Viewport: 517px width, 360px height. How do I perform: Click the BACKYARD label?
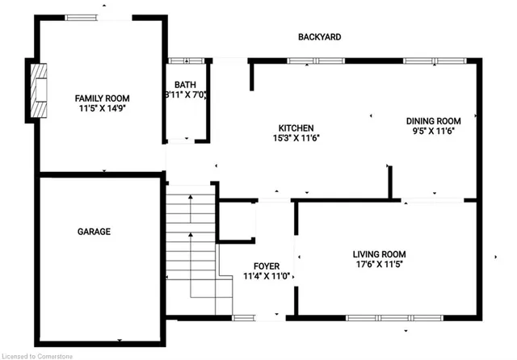[x=319, y=37]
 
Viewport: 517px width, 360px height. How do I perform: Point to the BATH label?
[x=187, y=84]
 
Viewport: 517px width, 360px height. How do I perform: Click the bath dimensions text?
[x=187, y=94]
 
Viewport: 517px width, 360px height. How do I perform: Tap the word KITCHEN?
[x=296, y=128]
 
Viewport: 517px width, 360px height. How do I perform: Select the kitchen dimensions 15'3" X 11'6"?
[x=296, y=138]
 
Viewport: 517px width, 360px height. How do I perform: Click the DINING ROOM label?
[x=433, y=120]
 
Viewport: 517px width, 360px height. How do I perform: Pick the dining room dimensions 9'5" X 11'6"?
[x=433, y=131]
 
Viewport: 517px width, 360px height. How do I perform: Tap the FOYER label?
[x=267, y=266]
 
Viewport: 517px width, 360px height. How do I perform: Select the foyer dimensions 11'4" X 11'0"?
[x=267, y=276]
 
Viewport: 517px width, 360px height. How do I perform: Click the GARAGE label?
[x=94, y=232]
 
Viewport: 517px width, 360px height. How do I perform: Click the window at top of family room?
[x=84, y=16]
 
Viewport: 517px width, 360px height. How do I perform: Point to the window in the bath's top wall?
[x=187, y=61]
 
